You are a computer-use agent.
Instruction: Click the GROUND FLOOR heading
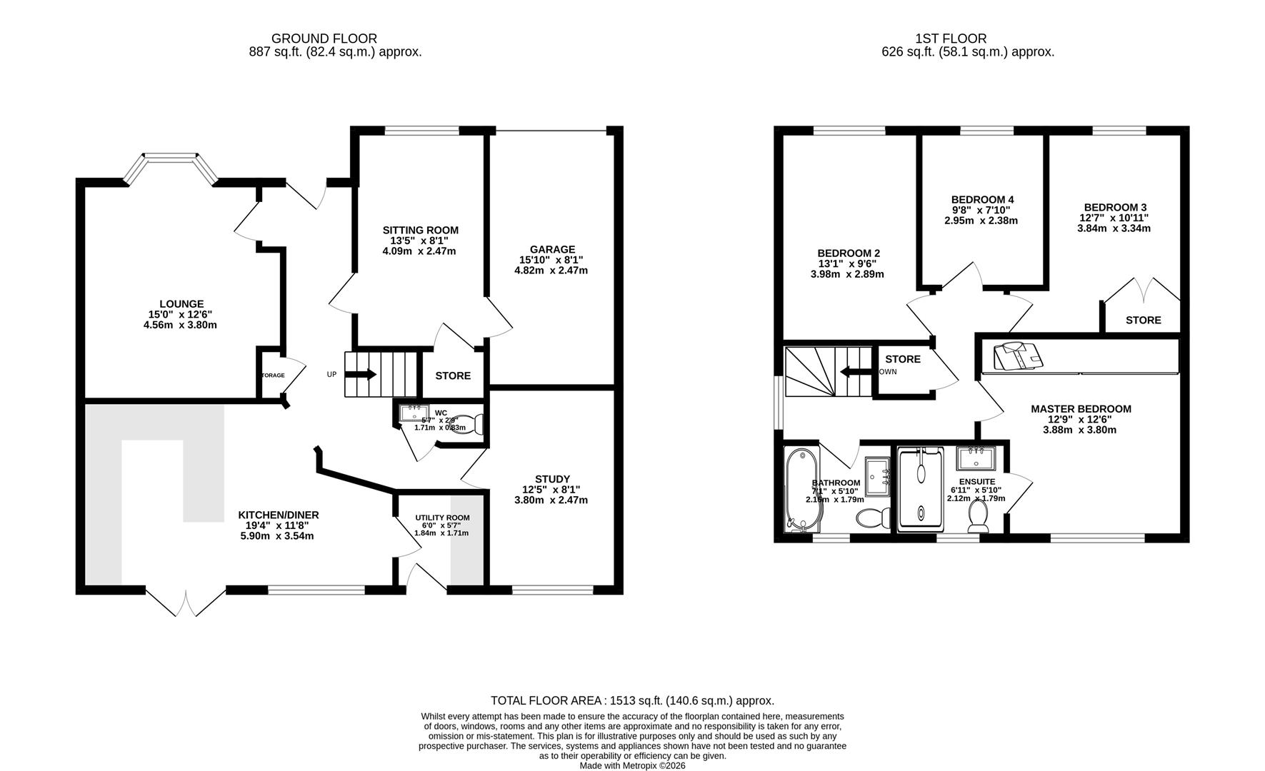324,39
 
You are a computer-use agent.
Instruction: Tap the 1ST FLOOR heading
951,39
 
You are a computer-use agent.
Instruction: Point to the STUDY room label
552,479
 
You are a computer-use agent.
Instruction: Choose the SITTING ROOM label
420,230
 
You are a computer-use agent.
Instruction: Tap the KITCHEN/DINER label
278,515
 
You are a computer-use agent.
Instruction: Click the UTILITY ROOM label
442,518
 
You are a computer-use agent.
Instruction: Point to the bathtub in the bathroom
796,490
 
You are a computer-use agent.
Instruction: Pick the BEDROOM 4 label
982,199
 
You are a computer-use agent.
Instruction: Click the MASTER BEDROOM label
1080,409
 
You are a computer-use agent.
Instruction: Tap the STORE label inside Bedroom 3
1143,320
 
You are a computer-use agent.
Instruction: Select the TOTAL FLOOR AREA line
632,701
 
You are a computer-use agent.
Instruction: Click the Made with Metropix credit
632,765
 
